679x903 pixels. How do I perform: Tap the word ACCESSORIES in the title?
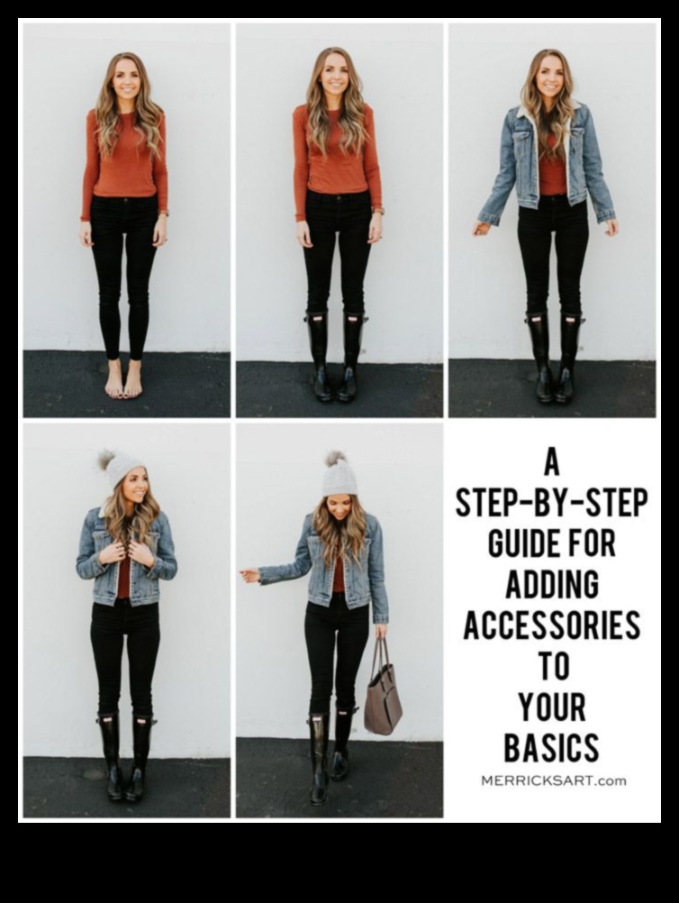pos(552,625)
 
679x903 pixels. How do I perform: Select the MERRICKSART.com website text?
pos(553,781)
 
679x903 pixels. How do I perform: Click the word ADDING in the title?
pos(552,584)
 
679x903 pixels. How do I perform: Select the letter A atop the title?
pos(551,462)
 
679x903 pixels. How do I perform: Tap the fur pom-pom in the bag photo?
pos(334,459)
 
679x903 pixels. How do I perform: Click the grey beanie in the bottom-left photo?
pos(121,466)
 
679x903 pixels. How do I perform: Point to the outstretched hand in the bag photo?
pos(249,574)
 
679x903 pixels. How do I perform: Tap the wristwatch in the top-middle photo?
pos(378,210)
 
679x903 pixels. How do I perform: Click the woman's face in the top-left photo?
pos(124,80)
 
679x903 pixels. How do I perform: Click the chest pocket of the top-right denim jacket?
pos(522,144)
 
